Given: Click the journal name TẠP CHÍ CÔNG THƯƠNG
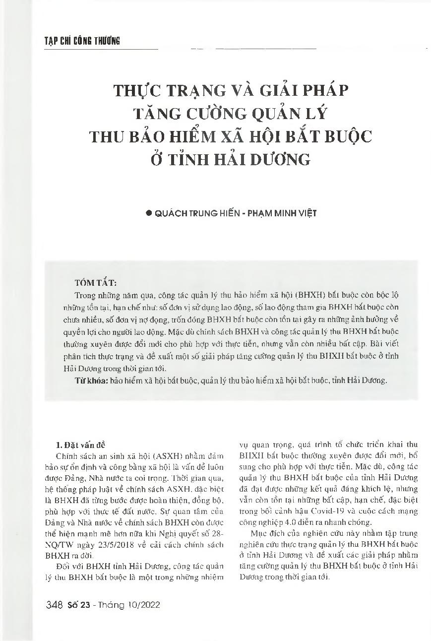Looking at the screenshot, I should coord(75,41).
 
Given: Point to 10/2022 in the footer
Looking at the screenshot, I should coord(143,605).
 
